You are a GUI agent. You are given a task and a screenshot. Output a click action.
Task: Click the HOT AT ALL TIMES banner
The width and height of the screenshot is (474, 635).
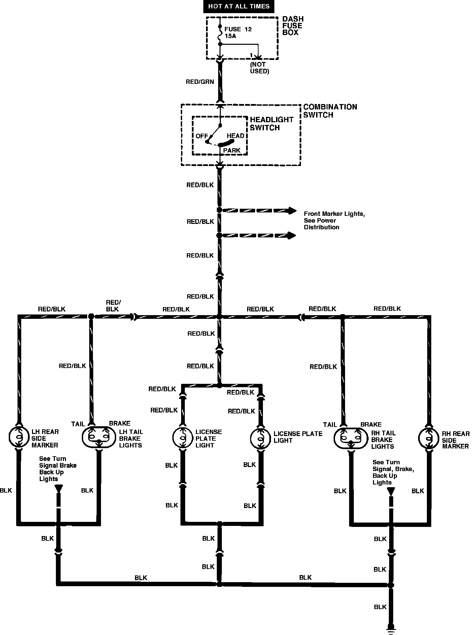coord(238,6)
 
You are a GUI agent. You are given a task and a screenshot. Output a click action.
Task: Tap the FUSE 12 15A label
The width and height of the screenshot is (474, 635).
coord(238,33)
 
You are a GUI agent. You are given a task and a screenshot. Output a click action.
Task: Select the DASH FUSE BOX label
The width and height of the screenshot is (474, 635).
coord(293,26)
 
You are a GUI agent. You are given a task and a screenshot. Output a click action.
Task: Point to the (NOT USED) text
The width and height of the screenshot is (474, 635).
coord(259,68)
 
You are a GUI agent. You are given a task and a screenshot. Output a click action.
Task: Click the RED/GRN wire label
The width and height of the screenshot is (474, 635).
coord(200,82)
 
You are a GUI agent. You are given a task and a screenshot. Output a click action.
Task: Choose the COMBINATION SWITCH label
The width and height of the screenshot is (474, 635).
coord(330,111)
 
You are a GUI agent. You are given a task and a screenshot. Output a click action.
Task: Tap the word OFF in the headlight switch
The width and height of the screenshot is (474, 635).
coord(202,136)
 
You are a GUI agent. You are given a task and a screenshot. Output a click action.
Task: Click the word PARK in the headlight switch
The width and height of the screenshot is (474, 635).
coord(232,151)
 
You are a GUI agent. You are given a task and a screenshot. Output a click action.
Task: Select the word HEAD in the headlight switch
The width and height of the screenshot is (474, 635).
coord(235,136)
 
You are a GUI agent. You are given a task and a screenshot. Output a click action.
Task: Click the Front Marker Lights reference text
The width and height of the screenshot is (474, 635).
coord(334,220)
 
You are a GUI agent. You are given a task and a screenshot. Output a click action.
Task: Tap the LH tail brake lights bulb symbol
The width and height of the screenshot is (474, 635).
coord(98,438)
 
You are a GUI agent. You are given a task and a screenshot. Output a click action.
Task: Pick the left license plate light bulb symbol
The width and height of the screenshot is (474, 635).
coord(183,438)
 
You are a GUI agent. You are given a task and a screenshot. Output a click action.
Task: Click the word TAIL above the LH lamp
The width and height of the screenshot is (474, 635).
coord(78,424)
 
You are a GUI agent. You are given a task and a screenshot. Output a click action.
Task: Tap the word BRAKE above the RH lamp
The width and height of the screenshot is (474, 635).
coord(371,425)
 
